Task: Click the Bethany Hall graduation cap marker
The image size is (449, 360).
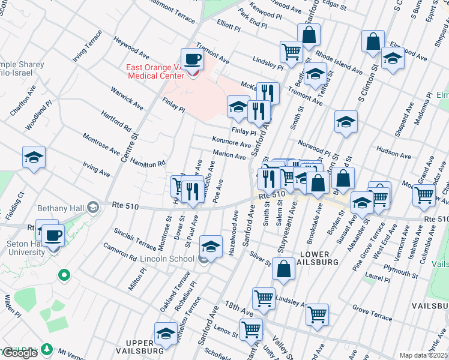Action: coord(93,207)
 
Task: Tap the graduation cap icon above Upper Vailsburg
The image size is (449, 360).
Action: coord(166,333)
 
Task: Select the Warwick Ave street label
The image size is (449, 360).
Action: coord(126,98)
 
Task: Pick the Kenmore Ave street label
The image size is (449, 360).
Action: coord(231,144)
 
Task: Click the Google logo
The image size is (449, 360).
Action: coord(20,353)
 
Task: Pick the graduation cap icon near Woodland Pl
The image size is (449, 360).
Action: coord(34,158)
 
